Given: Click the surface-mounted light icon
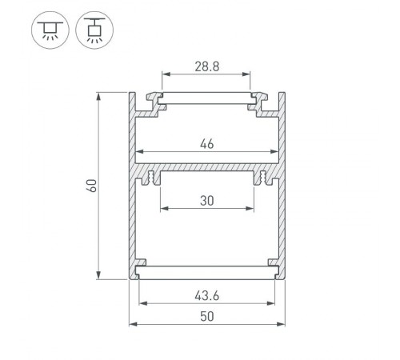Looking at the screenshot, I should (50, 30).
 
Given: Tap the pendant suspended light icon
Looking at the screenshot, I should (94, 30).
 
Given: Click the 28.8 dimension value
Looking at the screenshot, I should (206, 66).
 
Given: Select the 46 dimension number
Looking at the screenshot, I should (206, 144).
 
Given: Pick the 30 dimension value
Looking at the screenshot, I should (206, 202).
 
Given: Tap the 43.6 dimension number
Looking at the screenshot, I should (206, 294).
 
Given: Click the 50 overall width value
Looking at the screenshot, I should (206, 316).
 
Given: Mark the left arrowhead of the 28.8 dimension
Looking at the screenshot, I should (166, 78).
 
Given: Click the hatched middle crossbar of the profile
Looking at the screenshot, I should (206, 171).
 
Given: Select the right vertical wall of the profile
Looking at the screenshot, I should (283, 186).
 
